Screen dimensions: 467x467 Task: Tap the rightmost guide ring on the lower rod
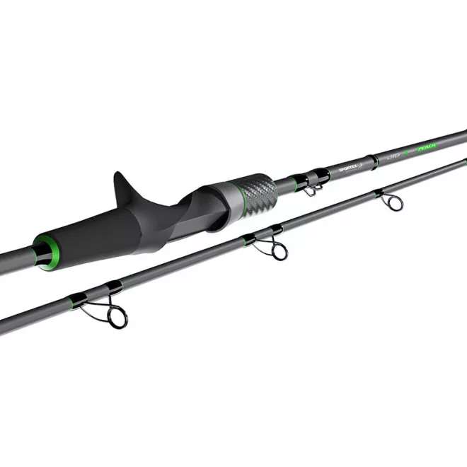point(393,202)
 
